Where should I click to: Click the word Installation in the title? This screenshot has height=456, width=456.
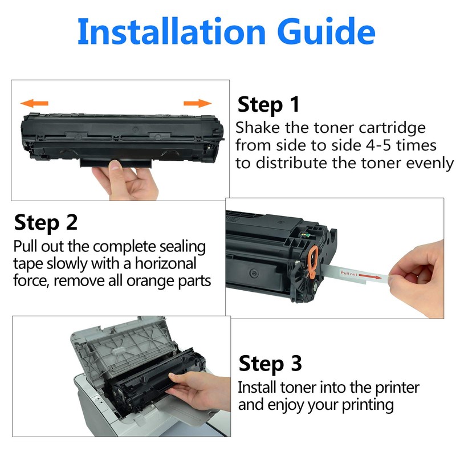172,31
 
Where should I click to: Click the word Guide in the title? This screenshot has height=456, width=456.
326,31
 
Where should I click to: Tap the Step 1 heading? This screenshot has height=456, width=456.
268,105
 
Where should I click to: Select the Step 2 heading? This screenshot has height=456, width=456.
46,223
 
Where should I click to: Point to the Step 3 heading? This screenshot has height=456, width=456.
270,364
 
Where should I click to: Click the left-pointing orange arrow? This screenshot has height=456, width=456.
34,103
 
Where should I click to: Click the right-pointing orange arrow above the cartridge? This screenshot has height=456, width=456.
197,103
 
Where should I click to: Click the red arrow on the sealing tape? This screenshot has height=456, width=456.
370,276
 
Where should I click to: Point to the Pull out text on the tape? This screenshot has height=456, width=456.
349,274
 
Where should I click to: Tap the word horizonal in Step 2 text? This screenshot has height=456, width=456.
166,263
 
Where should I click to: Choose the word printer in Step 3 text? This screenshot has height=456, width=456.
397,388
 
